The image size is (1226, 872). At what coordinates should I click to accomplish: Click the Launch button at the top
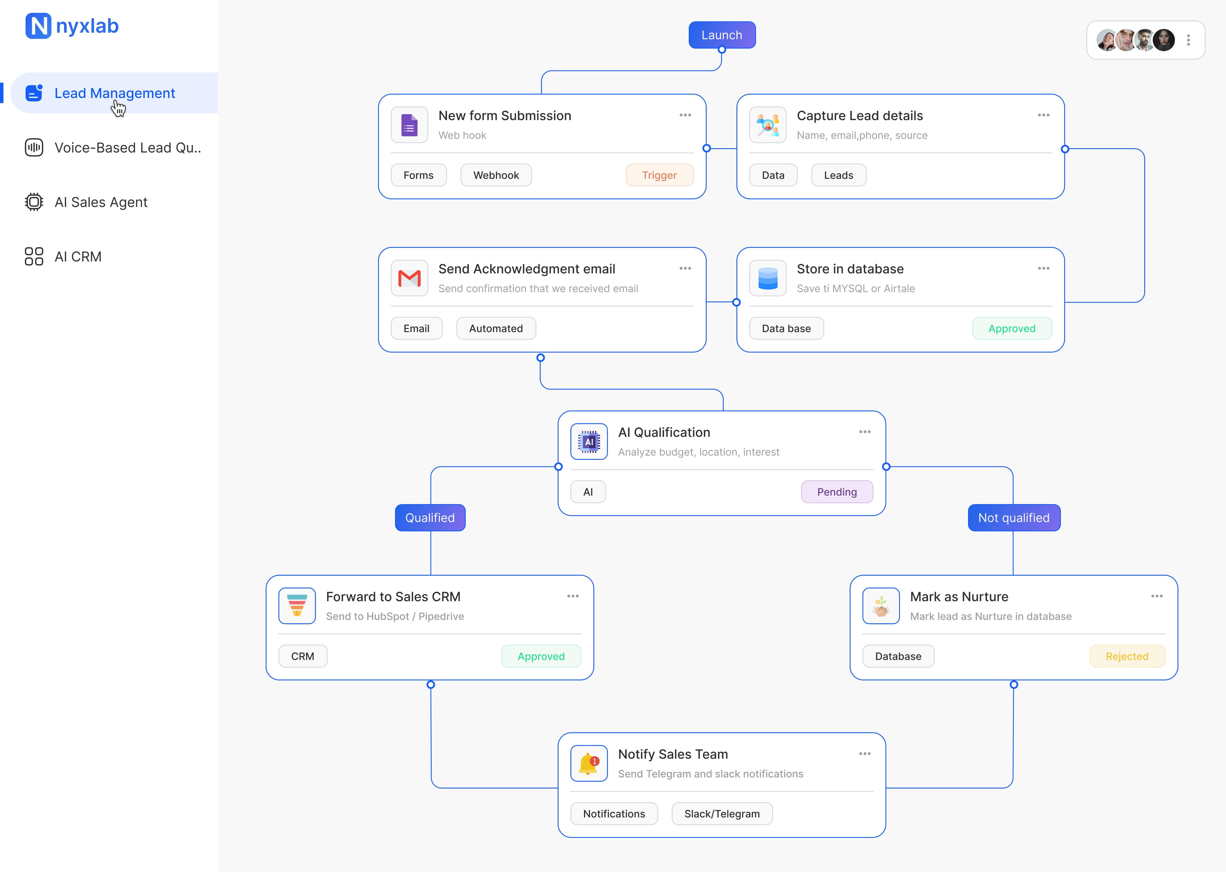[x=722, y=35]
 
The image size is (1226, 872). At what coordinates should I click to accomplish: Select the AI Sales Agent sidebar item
[x=101, y=202]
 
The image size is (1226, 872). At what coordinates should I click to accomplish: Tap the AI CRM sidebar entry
[x=78, y=257]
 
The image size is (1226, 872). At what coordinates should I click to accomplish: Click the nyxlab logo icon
[x=38, y=26]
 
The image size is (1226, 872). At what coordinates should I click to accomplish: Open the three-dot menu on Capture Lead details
[x=1043, y=116]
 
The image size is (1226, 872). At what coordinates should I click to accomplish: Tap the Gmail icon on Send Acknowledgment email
[x=409, y=278]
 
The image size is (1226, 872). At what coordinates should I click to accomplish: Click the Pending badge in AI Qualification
[x=836, y=492]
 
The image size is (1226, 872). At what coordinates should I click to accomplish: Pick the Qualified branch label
[x=430, y=518]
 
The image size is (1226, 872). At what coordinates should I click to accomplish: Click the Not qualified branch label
[x=1013, y=518]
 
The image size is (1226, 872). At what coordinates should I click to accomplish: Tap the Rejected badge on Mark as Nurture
[x=1127, y=656]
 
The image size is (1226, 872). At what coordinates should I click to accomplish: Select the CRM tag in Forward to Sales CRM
[x=303, y=656]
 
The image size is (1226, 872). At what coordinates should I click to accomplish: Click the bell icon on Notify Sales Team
[x=589, y=763]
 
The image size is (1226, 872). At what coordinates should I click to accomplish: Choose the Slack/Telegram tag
[x=722, y=814]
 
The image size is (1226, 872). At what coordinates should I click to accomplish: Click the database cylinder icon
[x=768, y=278]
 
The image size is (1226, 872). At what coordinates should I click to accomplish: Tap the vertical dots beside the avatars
[x=1188, y=40]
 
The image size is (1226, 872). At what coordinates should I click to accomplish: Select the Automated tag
[x=496, y=329]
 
